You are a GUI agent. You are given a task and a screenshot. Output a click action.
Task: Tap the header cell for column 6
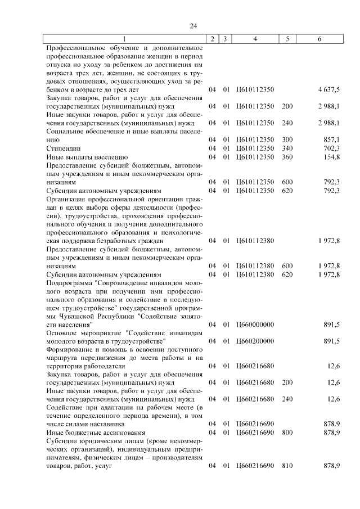point(319,39)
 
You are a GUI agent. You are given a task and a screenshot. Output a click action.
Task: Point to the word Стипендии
point(62,148)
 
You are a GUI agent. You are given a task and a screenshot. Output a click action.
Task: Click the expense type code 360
point(287,157)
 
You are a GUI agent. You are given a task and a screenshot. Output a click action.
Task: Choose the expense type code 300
point(287,139)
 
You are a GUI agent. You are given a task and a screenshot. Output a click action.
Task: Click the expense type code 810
point(287,466)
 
